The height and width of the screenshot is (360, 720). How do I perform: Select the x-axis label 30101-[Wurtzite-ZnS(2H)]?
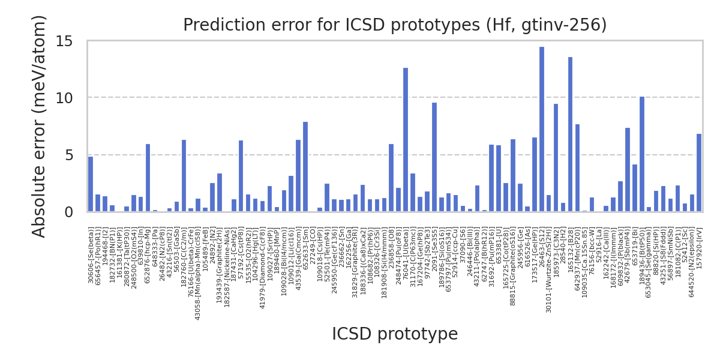[549, 261]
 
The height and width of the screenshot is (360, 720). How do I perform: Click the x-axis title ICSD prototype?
[395, 334]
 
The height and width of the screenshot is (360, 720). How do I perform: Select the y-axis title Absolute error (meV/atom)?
[40, 126]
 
